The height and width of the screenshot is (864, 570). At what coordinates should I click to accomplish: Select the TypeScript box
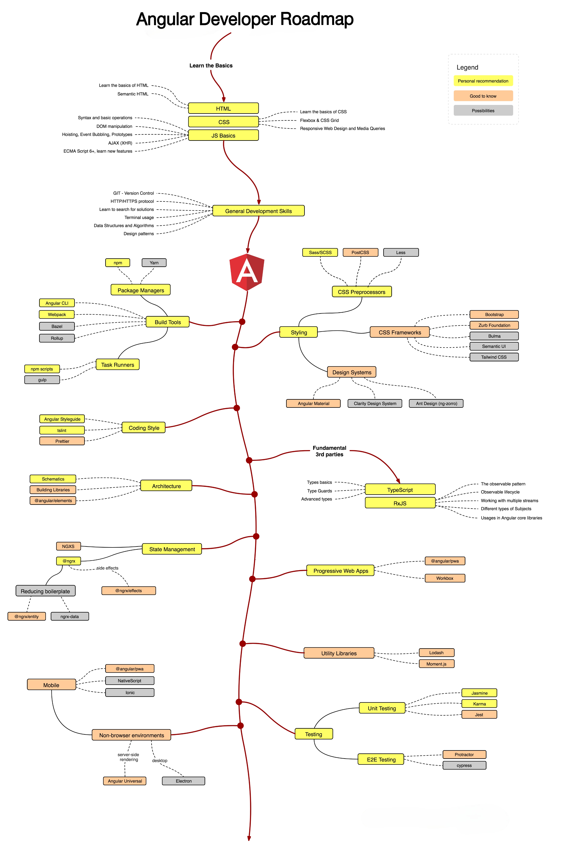(400, 490)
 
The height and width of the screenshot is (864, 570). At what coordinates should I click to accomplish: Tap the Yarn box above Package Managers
(154, 263)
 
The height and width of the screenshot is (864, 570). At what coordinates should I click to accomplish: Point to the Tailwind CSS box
(494, 357)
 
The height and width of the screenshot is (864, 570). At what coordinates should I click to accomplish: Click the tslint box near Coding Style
(62, 430)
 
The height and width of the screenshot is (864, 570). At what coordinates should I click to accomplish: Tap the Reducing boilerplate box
(45, 591)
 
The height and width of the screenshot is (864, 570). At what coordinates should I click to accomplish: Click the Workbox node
(445, 578)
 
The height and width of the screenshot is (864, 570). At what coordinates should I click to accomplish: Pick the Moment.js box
(436, 664)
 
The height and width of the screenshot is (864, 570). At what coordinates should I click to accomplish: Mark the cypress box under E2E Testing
(464, 765)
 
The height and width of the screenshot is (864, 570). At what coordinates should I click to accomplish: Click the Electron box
(184, 781)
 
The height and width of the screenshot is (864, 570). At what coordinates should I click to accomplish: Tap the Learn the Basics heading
(211, 66)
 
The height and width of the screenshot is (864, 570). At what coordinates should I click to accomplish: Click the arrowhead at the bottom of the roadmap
(249, 838)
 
